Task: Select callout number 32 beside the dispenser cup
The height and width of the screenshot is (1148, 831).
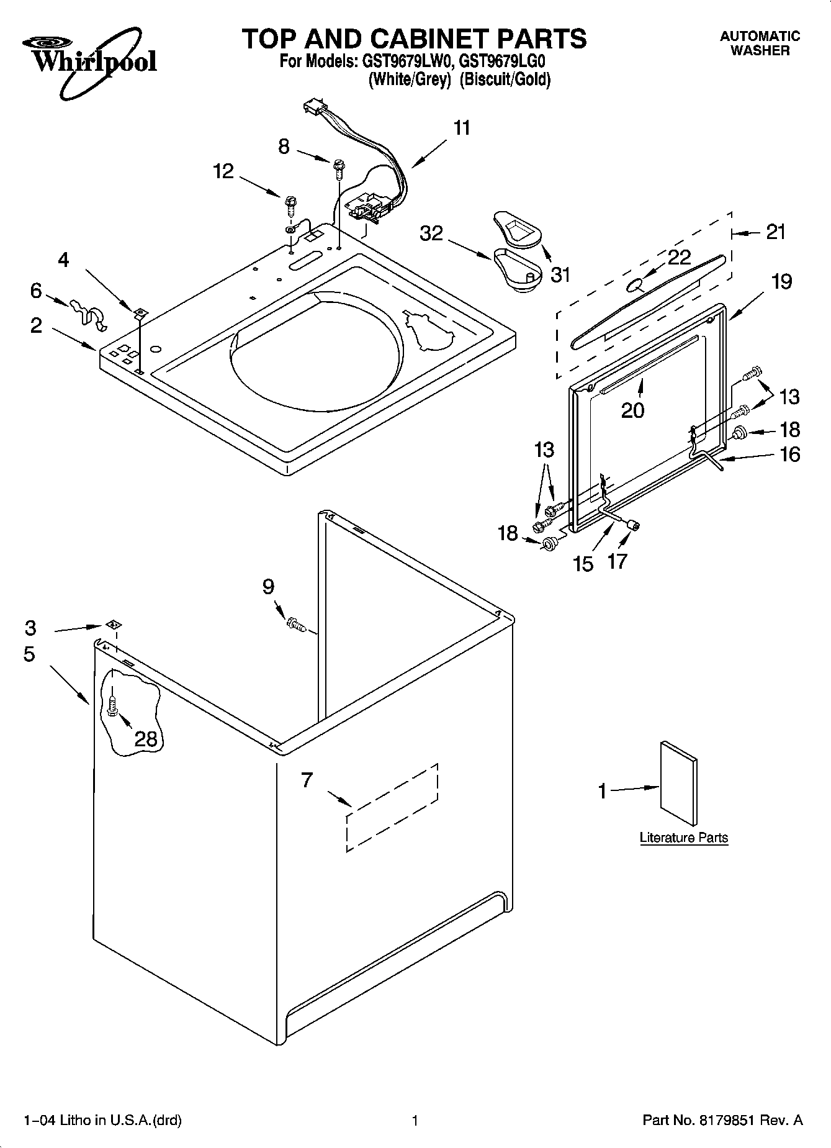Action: [432, 233]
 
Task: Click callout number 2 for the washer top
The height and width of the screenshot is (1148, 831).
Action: [37, 325]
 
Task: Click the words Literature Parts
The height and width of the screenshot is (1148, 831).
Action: [683, 838]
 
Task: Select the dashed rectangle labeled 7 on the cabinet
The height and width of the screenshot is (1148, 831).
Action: [392, 807]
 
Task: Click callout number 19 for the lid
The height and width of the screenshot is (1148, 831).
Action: [781, 281]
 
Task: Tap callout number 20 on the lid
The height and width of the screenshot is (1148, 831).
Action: [633, 410]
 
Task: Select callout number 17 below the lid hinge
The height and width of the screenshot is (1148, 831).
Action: [618, 561]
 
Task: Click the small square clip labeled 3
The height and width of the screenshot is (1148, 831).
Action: [113, 624]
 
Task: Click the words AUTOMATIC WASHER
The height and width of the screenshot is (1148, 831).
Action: [760, 43]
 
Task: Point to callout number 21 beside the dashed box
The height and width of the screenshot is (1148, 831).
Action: [776, 232]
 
